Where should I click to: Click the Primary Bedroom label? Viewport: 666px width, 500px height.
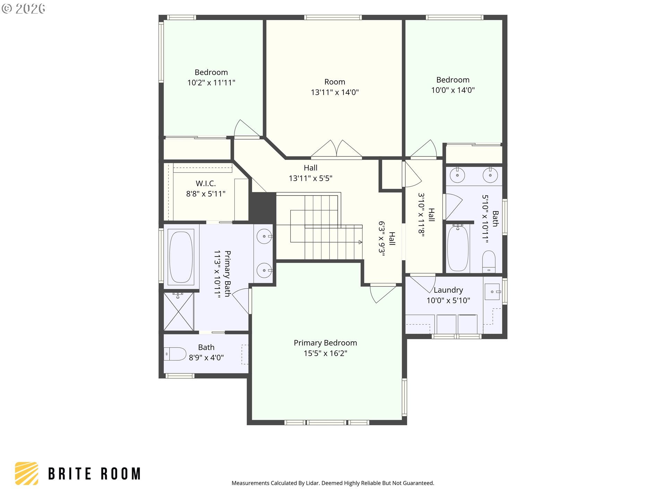[325, 343]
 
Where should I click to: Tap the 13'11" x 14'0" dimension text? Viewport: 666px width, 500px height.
[335, 92]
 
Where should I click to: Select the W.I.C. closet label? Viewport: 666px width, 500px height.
[206, 183]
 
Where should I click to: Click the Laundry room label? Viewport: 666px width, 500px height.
[448, 290]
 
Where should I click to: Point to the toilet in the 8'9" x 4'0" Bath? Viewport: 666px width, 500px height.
[175, 354]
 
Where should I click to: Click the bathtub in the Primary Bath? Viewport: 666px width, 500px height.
[181, 257]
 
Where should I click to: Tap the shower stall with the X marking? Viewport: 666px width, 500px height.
[179, 311]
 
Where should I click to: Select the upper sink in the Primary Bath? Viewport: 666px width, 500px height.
[264, 236]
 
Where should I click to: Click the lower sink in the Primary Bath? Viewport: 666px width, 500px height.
[264, 270]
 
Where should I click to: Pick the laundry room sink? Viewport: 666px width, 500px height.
[492, 292]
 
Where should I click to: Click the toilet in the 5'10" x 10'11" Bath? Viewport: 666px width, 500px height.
[489, 261]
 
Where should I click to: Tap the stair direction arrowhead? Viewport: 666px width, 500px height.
[360, 242]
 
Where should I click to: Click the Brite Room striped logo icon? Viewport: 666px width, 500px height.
[27, 473]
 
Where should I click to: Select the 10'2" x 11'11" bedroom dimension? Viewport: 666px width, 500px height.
[211, 83]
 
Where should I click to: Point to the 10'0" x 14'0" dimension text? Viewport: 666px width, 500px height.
[453, 90]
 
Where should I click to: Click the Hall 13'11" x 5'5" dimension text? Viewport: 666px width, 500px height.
[310, 178]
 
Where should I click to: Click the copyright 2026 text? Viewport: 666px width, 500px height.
[23, 8]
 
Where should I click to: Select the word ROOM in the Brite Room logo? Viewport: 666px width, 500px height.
[121, 474]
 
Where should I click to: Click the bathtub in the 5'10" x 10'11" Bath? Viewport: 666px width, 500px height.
[458, 248]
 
